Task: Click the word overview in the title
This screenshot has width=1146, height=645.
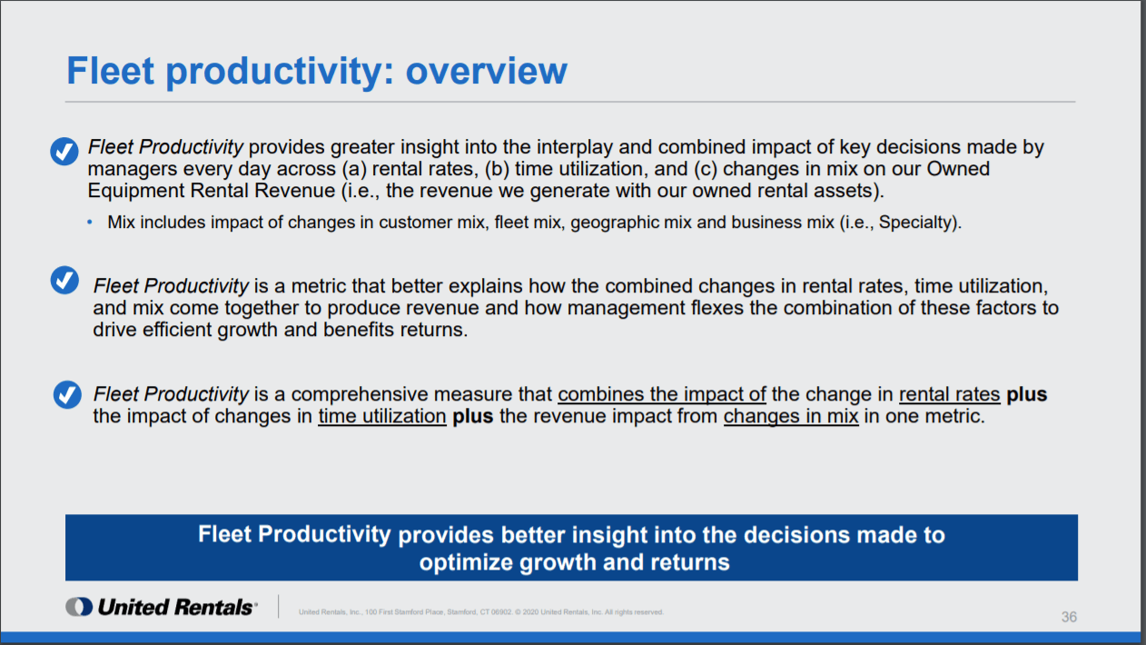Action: [x=486, y=71]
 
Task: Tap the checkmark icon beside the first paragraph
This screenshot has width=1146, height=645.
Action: [x=64, y=151]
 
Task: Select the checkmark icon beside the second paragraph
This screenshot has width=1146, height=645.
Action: [x=64, y=280]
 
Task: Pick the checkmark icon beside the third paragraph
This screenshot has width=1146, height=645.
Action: [x=67, y=394]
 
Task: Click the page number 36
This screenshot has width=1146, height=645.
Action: [x=1069, y=617]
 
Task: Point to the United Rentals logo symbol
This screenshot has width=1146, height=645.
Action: [x=79, y=607]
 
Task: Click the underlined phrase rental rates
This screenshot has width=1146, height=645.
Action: [x=949, y=394]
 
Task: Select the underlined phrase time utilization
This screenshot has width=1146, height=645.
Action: [x=382, y=416]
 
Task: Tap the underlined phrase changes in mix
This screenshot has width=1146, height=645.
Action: [x=791, y=416]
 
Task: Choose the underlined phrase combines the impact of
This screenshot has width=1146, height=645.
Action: [x=662, y=394]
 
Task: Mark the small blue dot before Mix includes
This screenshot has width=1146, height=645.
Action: [x=90, y=223]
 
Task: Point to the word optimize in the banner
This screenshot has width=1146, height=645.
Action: [x=465, y=562]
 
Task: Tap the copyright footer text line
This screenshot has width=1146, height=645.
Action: [x=481, y=612]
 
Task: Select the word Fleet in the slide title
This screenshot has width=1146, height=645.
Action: [x=111, y=71]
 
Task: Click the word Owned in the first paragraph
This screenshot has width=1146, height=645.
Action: [x=958, y=169]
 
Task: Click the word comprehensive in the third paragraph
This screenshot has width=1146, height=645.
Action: [x=360, y=394]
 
